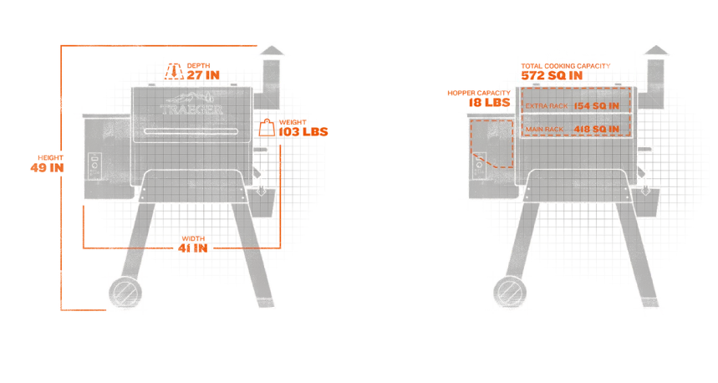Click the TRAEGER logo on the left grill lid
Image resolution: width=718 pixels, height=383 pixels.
(x=191, y=109)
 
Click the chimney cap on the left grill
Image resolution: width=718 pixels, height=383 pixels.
(x=270, y=51)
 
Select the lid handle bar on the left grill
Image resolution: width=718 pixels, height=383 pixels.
(x=191, y=132)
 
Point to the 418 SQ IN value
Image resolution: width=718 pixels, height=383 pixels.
(x=597, y=129)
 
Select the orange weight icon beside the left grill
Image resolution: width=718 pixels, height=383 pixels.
(x=267, y=128)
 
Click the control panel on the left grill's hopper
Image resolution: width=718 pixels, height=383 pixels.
(x=94, y=165)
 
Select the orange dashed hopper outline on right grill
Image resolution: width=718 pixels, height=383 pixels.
(x=491, y=142)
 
